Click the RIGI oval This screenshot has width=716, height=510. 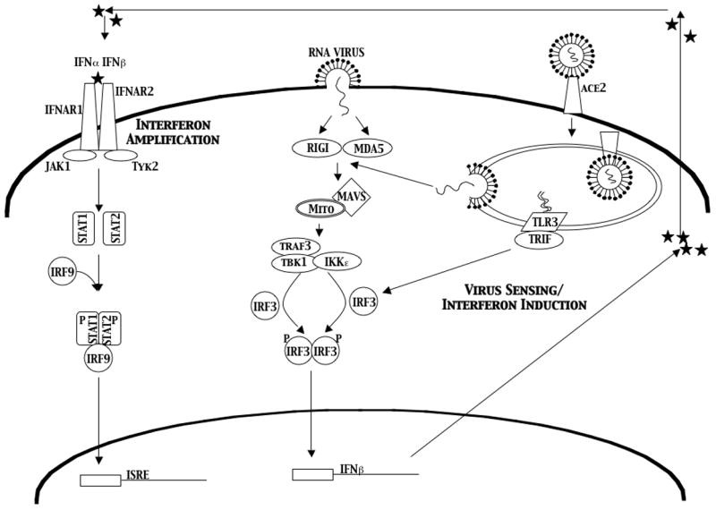(314, 149)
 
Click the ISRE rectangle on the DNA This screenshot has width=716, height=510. (100, 480)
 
